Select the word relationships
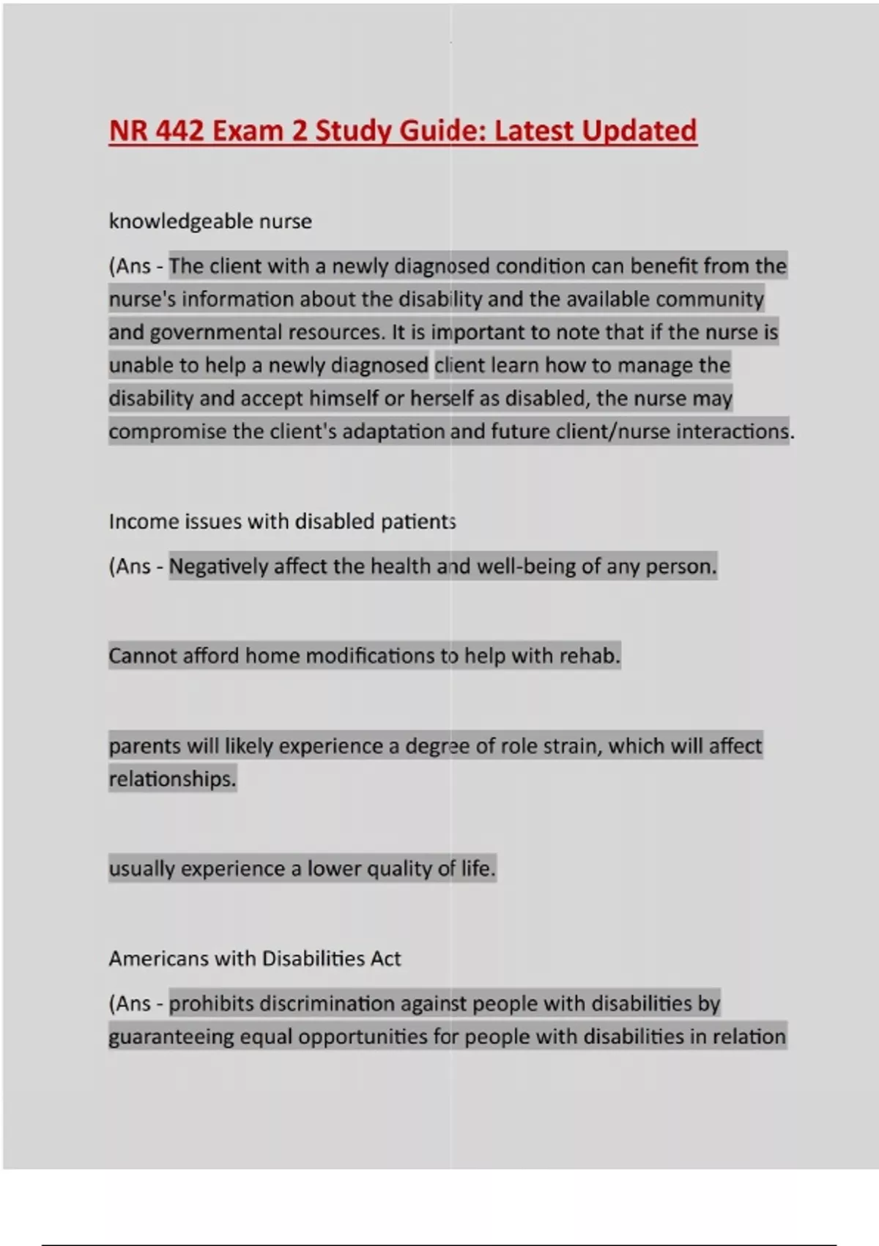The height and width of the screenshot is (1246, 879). click(172, 779)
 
